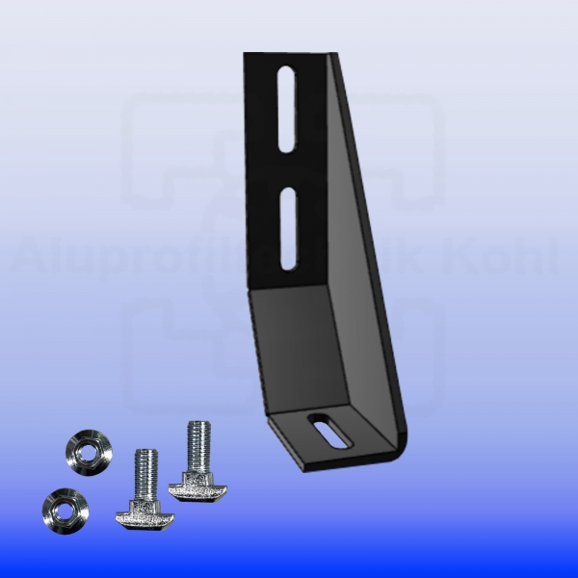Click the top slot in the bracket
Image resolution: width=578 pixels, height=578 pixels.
(288, 108)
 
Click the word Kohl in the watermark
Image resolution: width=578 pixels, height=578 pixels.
(520, 257)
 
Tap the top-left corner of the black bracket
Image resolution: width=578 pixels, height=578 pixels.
(247, 56)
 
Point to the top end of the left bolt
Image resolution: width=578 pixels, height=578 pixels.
(147, 452)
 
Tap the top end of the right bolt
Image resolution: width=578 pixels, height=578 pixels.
(199, 425)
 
